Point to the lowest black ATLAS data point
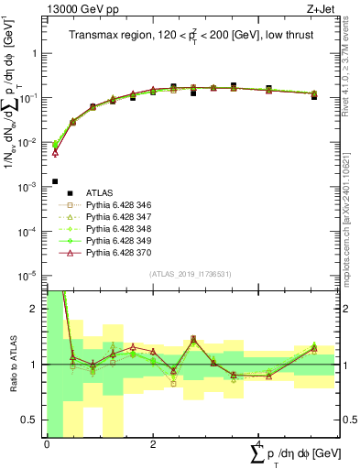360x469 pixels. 56,181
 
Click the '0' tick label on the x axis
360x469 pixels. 47,445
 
